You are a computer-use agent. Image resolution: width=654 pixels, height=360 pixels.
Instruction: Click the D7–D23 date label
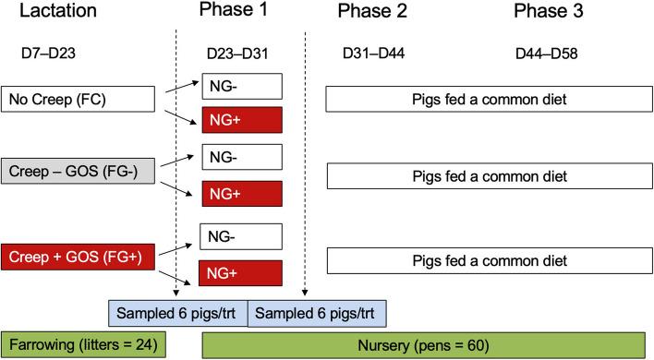click(x=47, y=54)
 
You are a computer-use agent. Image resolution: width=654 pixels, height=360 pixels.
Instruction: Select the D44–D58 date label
click(x=546, y=54)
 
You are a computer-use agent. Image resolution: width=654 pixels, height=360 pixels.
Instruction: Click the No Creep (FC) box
click(x=76, y=100)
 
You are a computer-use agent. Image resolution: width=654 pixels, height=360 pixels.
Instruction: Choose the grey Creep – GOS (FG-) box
click(x=76, y=172)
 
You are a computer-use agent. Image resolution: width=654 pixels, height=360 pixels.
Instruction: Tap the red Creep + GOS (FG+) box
click(x=76, y=256)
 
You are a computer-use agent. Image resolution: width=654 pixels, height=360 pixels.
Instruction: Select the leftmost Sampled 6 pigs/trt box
click(x=179, y=311)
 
